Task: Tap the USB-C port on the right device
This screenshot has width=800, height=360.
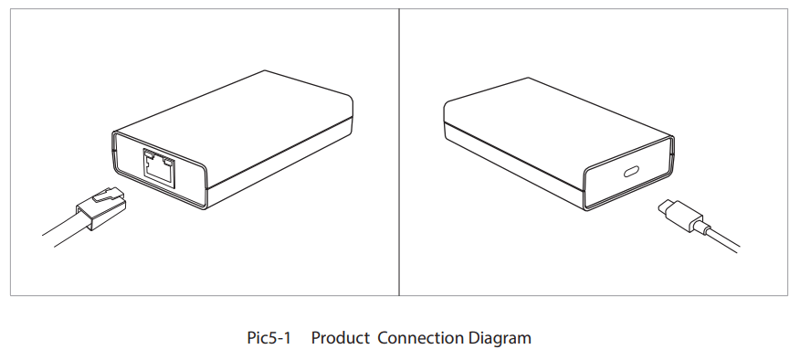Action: click(x=630, y=175)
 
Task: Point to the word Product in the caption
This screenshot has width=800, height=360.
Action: click(x=341, y=338)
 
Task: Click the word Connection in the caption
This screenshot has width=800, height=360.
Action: click(x=420, y=338)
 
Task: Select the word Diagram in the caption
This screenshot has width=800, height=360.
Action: click(x=500, y=338)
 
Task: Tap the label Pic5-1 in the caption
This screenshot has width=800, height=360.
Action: click(x=268, y=338)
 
